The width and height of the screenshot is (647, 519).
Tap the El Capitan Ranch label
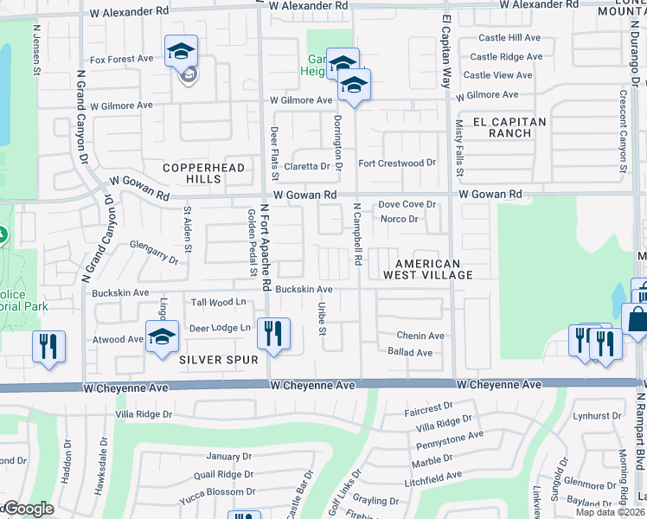tap(509, 128)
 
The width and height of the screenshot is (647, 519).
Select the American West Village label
tap(434, 269)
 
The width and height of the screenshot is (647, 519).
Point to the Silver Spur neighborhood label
tap(219, 359)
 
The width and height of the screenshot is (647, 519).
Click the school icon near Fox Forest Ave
tap(182, 53)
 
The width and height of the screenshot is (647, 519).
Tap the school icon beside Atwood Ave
tap(162, 338)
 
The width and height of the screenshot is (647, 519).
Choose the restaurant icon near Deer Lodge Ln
tap(274, 335)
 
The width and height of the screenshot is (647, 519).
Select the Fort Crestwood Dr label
tap(397, 163)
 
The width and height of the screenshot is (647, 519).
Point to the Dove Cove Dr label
tap(407, 205)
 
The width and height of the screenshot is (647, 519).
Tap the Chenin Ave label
tap(420, 336)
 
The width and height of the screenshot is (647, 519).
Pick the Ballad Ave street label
tap(410, 353)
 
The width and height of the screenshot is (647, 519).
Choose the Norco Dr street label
tap(400, 219)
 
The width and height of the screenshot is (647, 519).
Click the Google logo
tap(28, 509)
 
